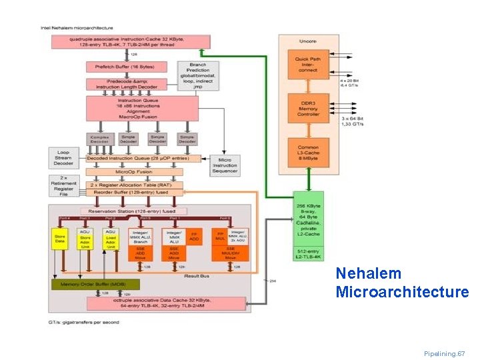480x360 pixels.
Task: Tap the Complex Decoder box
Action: coord(99,139)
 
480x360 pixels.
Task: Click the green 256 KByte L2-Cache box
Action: coord(308,219)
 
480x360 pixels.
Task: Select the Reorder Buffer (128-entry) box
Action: coord(133,193)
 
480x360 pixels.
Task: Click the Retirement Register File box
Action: coord(65,187)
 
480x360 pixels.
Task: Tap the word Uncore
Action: coord(307,42)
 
